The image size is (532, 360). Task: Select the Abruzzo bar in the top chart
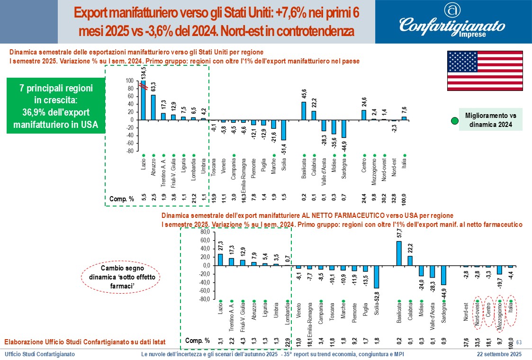coord(153,107)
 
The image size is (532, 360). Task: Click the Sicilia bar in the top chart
coord(283,130)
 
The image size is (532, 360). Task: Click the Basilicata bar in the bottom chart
coord(399,253)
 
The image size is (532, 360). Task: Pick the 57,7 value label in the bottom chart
coord(399,233)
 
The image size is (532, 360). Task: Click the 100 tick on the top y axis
coord(130,81)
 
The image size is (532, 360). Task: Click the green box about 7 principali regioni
coord(56,107)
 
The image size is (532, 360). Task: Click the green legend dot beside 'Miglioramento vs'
coord(454,121)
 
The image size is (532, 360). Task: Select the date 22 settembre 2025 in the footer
coord(499,354)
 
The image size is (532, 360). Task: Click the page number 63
coord(518,342)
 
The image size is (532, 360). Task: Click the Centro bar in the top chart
coord(364,115)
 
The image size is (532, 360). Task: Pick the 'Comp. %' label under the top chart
coord(121,198)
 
